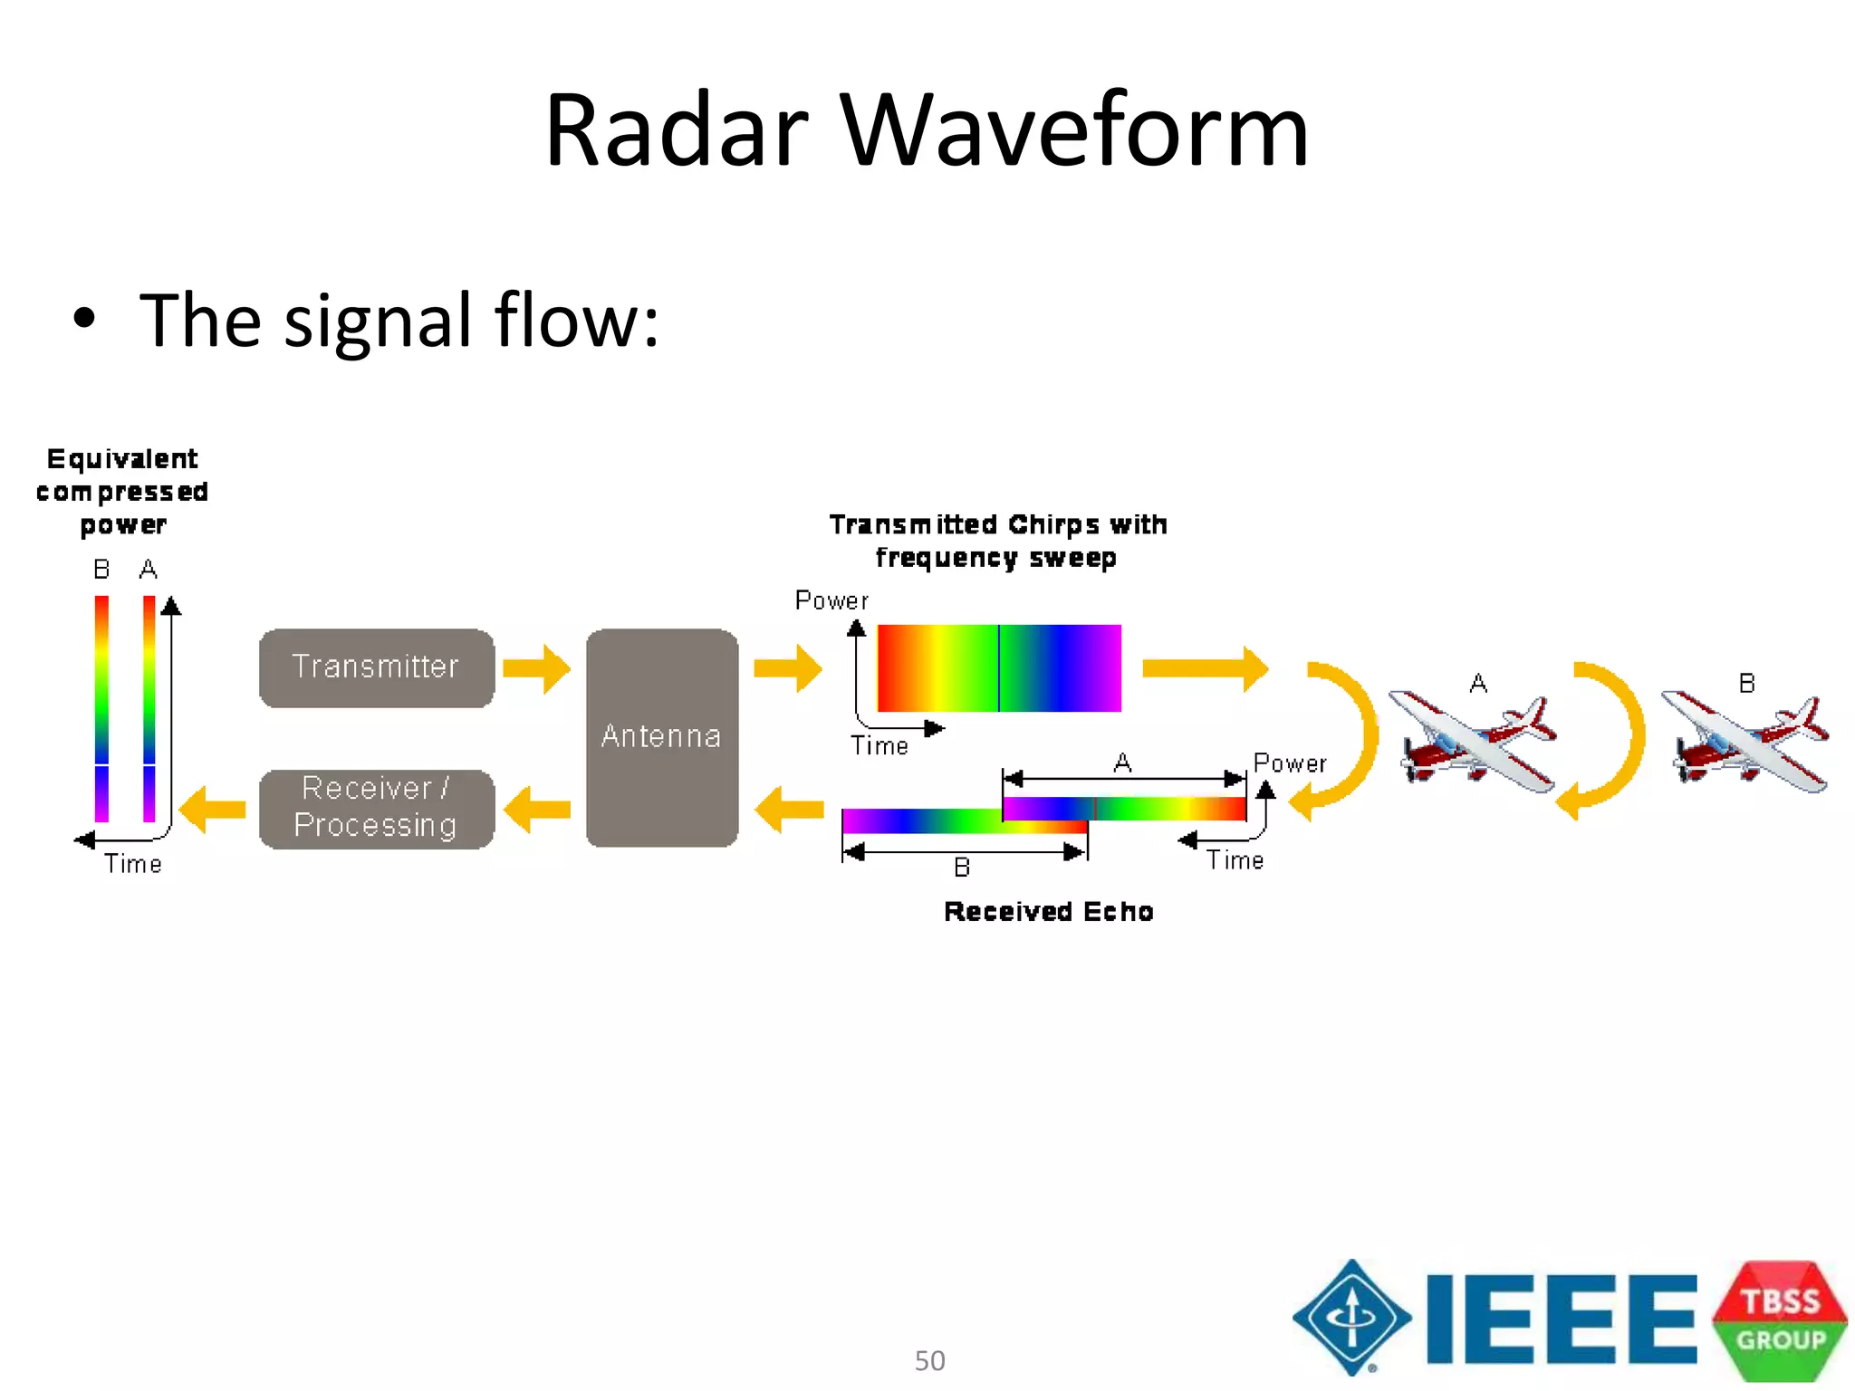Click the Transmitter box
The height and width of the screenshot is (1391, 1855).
(x=377, y=667)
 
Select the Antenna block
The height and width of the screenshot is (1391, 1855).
(x=662, y=737)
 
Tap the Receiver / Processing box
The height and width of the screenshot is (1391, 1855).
(x=377, y=809)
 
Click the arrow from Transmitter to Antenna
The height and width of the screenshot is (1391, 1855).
(x=537, y=669)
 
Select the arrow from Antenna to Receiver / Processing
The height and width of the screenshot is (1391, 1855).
(x=537, y=809)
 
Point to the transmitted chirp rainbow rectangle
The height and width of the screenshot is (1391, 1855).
(x=999, y=667)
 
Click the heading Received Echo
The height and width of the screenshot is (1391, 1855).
(x=1048, y=911)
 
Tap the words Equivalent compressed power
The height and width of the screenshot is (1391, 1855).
(x=122, y=492)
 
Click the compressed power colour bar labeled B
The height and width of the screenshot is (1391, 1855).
(x=101, y=708)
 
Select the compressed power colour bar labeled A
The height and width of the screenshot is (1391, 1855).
(x=149, y=708)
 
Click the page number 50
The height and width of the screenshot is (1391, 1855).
(x=929, y=1360)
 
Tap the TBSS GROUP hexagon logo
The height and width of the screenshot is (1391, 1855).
(x=1779, y=1319)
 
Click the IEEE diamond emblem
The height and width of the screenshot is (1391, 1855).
(x=1351, y=1318)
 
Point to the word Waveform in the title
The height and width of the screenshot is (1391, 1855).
(x=1074, y=131)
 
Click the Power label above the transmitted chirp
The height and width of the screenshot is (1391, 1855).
(x=831, y=600)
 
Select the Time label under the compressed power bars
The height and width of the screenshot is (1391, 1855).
(x=133, y=864)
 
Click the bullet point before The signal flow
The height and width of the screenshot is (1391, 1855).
(x=84, y=319)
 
